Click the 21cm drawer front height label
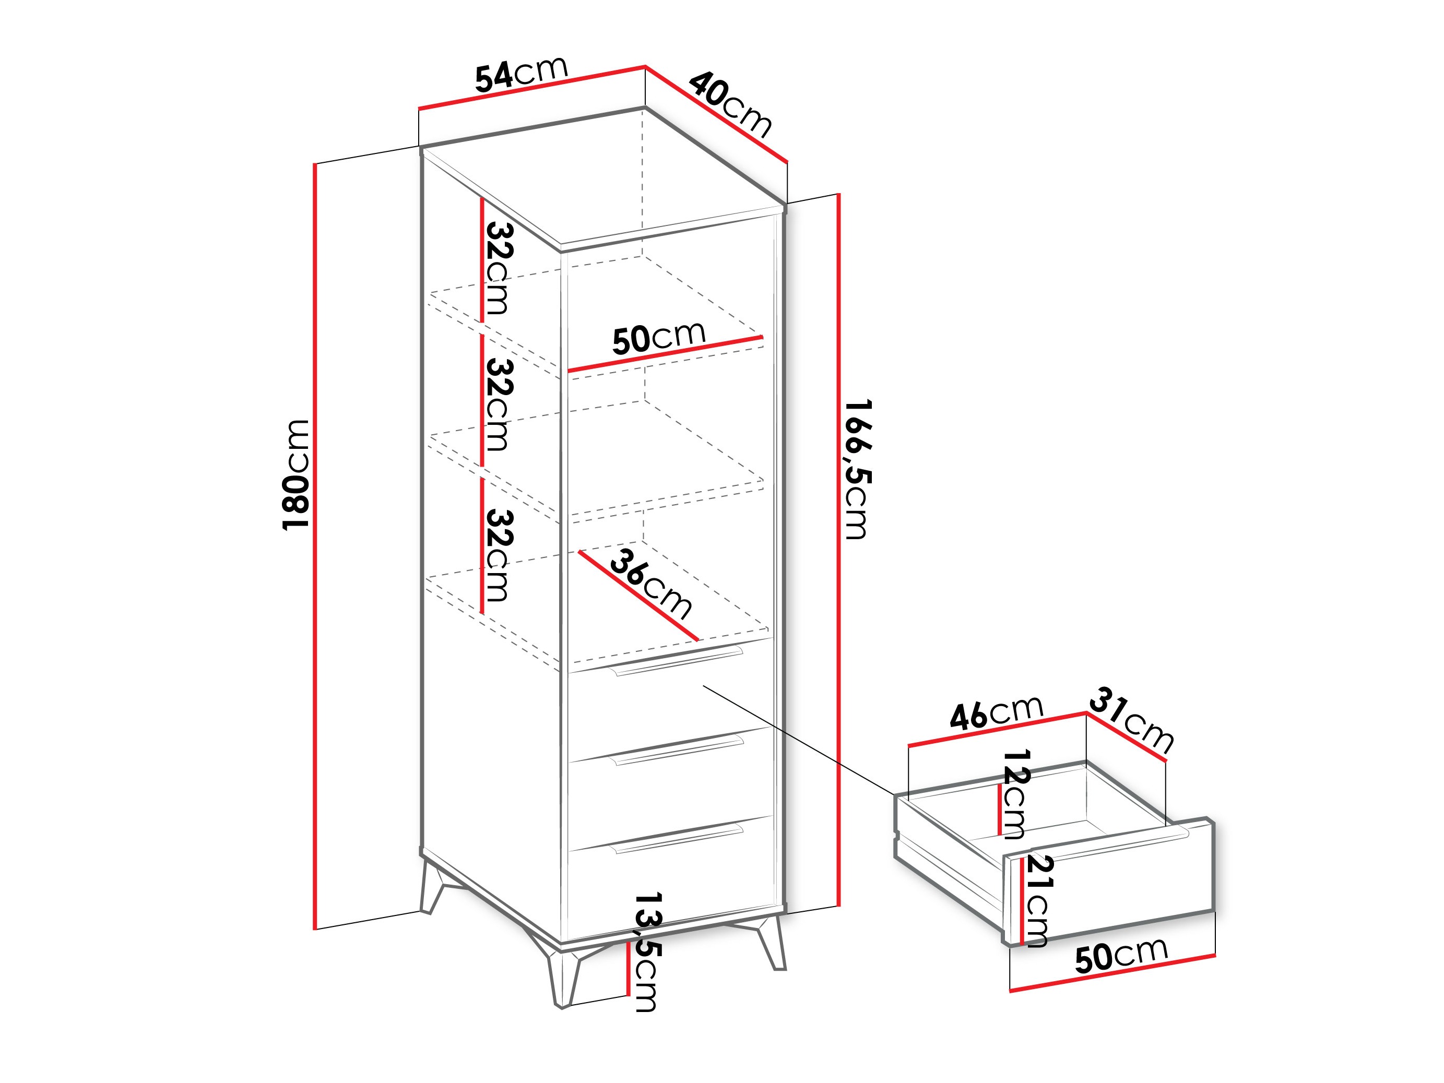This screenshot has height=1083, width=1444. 1037,900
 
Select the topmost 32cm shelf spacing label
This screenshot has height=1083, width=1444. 498,268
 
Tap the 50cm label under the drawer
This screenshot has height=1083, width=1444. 1121,956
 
